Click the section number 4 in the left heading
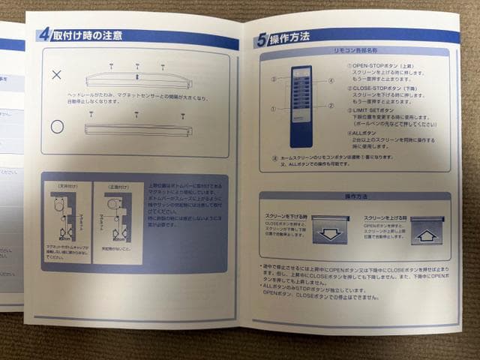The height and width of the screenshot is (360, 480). point(44,34)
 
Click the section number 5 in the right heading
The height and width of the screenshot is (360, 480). point(262,40)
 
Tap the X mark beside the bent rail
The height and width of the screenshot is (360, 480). point(56,75)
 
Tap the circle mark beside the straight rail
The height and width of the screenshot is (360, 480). point(57,127)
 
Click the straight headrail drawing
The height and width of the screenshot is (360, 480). point(139,130)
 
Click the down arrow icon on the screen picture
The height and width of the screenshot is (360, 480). point(330,232)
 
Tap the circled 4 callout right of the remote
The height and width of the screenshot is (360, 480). point(330,80)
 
